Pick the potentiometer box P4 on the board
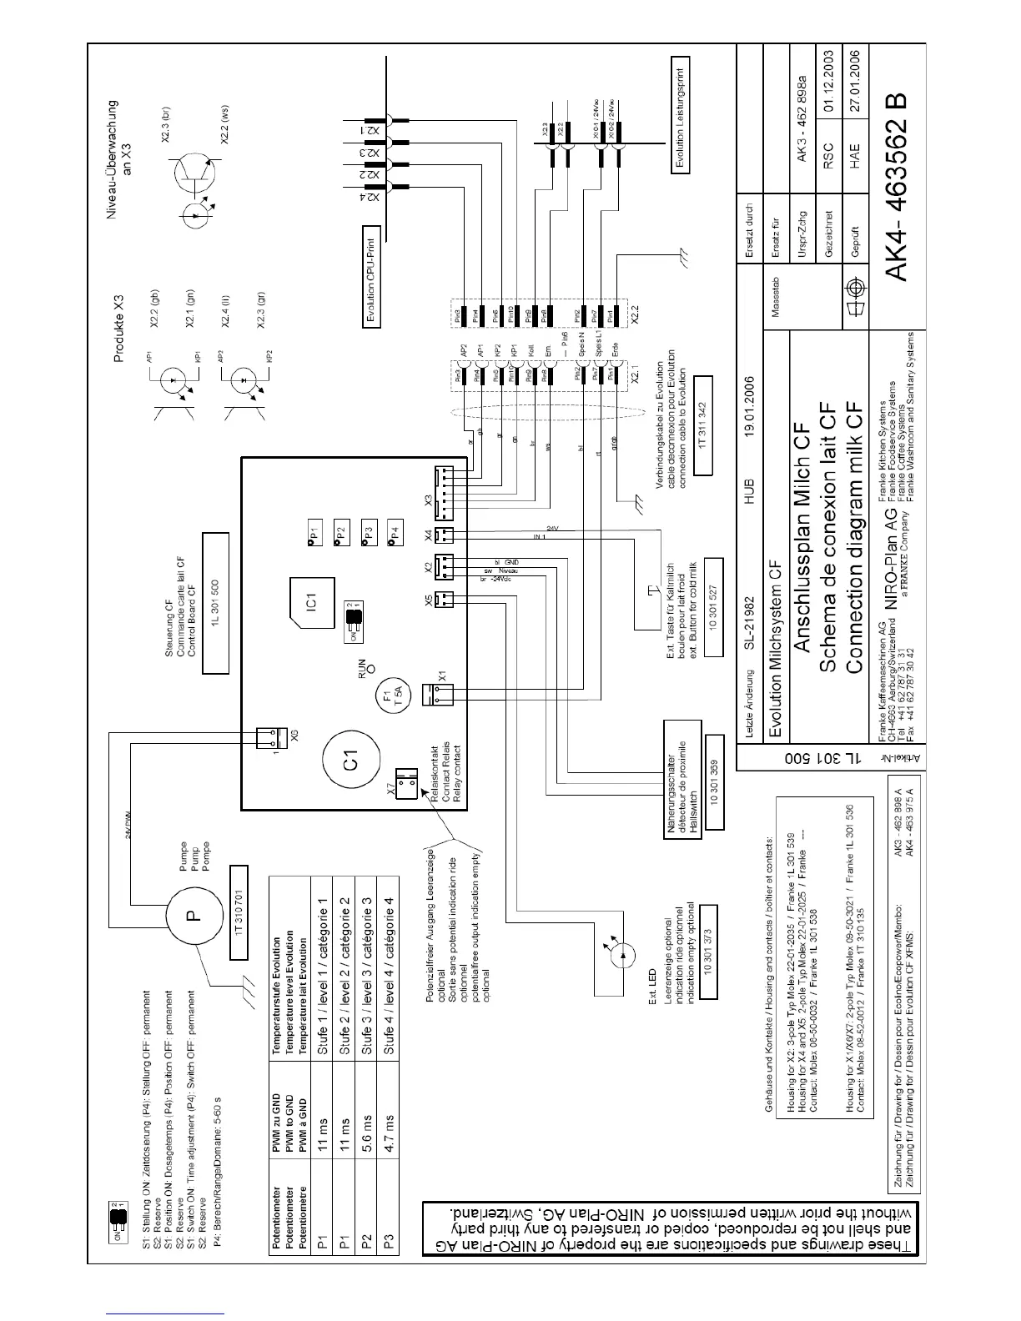(395, 531)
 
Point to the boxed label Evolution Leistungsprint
(682, 114)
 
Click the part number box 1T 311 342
(703, 424)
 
